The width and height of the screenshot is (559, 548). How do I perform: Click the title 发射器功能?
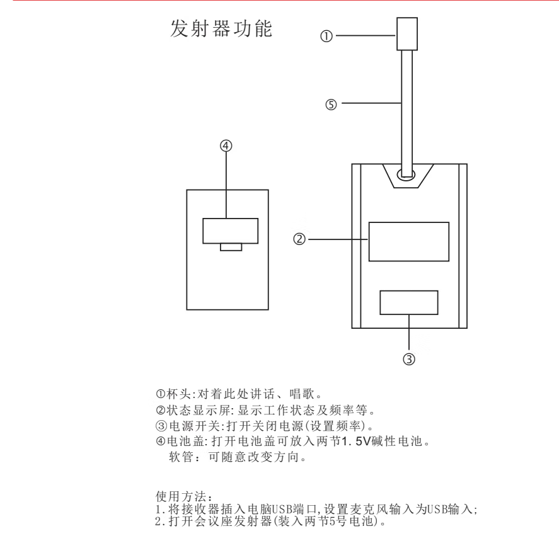click(x=221, y=28)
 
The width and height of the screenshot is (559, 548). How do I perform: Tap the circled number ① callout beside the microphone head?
click(x=326, y=36)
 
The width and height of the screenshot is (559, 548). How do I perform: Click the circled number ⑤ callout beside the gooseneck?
click(x=331, y=105)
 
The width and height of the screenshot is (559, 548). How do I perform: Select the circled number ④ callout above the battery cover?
click(x=226, y=146)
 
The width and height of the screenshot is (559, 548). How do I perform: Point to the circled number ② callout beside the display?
click(x=299, y=239)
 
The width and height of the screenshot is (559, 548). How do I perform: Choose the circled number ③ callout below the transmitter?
click(x=409, y=359)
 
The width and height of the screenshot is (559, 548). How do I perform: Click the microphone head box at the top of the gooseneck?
click(x=407, y=34)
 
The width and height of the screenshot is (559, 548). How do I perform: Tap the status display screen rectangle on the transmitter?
click(x=409, y=242)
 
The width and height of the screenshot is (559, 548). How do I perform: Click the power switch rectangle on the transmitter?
click(x=409, y=302)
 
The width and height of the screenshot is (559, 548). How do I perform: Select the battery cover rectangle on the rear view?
click(x=230, y=231)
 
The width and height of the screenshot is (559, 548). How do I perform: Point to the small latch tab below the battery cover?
click(x=231, y=247)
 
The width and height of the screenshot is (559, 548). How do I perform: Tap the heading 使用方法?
click(x=181, y=496)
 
